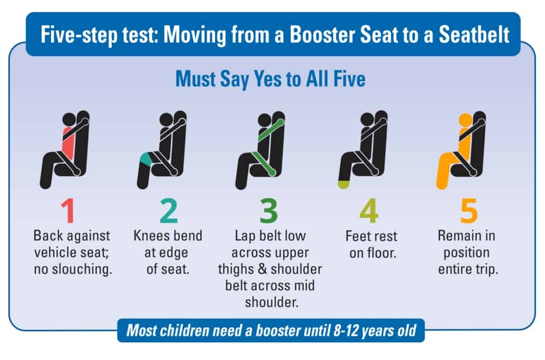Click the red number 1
point(68,211)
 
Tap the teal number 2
point(168,211)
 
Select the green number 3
point(269,211)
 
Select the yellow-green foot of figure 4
point(344,184)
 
